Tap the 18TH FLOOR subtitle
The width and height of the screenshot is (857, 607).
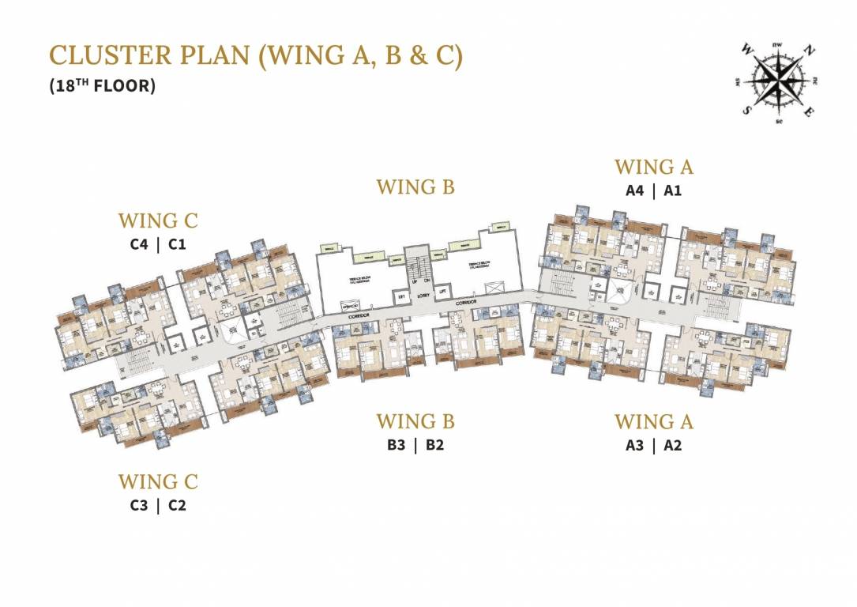(x=102, y=86)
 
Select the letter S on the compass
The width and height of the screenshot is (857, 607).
(x=746, y=111)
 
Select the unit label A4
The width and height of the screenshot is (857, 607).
(x=635, y=190)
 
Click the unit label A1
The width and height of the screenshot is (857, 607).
(x=673, y=190)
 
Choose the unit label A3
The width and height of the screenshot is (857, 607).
(x=635, y=445)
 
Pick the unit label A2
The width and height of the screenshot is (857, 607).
(x=673, y=445)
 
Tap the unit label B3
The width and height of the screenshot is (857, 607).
(x=397, y=445)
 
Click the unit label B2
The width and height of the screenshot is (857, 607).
(x=434, y=445)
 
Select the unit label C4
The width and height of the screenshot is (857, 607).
(x=139, y=244)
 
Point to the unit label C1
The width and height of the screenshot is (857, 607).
(x=177, y=244)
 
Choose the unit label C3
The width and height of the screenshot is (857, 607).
(x=139, y=506)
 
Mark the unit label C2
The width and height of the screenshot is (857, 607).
(x=177, y=506)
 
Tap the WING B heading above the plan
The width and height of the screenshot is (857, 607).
(x=415, y=187)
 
